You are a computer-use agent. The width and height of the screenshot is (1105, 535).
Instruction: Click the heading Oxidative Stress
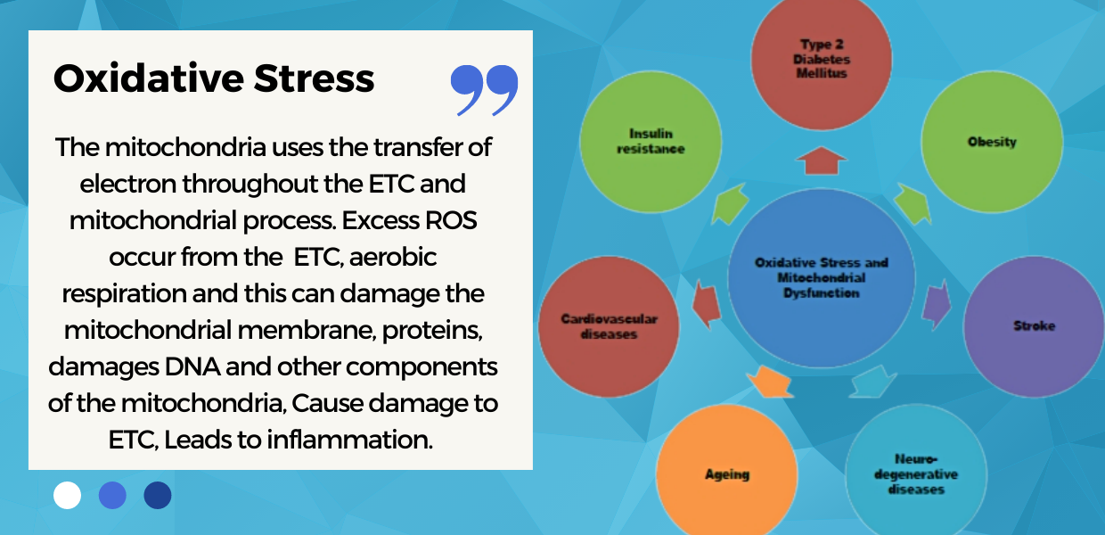pyautogui.click(x=214, y=79)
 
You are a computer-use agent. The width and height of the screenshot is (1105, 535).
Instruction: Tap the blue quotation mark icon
pyautogui.click(x=484, y=90)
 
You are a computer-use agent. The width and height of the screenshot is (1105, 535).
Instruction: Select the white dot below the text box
pyautogui.click(x=67, y=495)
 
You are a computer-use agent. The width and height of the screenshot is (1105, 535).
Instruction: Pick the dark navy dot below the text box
pyautogui.click(x=158, y=495)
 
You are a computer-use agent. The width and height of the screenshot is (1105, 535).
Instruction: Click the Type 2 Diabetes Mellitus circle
pyautogui.click(x=822, y=59)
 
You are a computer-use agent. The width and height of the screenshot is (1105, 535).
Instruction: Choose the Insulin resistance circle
pyautogui.click(x=651, y=142)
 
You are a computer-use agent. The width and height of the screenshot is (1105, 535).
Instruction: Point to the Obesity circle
pyautogui.click(x=992, y=142)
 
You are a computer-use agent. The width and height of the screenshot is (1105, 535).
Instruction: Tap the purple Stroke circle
pyautogui.click(x=1035, y=326)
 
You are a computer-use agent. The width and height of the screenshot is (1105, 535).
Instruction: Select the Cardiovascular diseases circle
pyautogui.click(x=609, y=326)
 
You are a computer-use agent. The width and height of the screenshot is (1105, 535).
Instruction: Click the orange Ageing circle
pyautogui.click(x=727, y=473)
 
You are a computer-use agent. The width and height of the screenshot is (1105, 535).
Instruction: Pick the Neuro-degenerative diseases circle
pyautogui.click(x=916, y=473)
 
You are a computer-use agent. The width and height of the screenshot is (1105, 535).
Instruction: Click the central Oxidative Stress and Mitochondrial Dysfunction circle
pyautogui.click(x=822, y=278)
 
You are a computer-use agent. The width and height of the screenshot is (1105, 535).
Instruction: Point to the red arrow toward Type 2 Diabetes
pyautogui.click(x=822, y=160)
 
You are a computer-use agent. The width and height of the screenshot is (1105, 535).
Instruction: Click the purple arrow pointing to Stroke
pyautogui.click(x=937, y=305)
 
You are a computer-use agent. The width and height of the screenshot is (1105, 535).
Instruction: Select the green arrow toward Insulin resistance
pyautogui.click(x=730, y=204)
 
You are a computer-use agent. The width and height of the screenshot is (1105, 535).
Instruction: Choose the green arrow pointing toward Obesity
pyautogui.click(x=913, y=204)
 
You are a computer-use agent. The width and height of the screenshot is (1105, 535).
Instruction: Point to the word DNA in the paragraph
pyautogui.click(x=192, y=366)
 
